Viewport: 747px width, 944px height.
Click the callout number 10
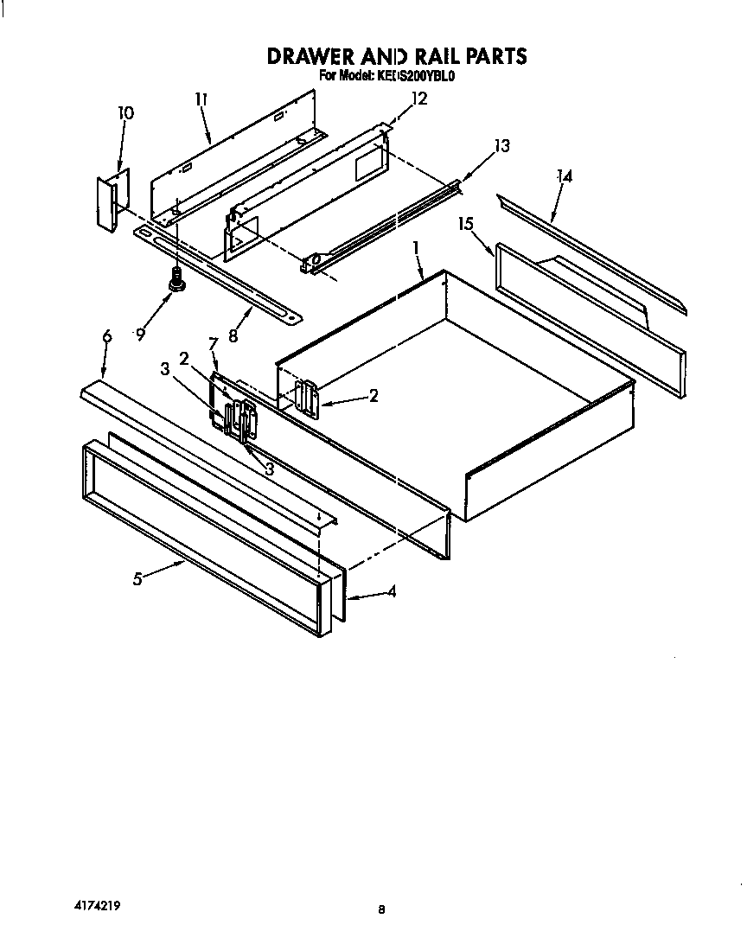tap(125, 113)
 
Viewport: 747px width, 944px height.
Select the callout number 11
tap(201, 99)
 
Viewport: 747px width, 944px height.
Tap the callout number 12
tap(418, 99)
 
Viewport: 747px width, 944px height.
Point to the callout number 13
tap(501, 145)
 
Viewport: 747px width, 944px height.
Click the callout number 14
tap(565, 176)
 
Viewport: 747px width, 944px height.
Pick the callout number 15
tap(466, 224)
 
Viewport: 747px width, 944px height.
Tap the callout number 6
tap(106, 337)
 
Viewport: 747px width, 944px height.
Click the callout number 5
tap(137, 579)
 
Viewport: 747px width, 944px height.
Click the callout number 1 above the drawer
tap(416, 247)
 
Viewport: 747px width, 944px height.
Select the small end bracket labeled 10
tap(112, 201)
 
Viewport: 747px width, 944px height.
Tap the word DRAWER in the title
tap(307, 56)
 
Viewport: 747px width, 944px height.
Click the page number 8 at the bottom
tap(380, 909)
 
